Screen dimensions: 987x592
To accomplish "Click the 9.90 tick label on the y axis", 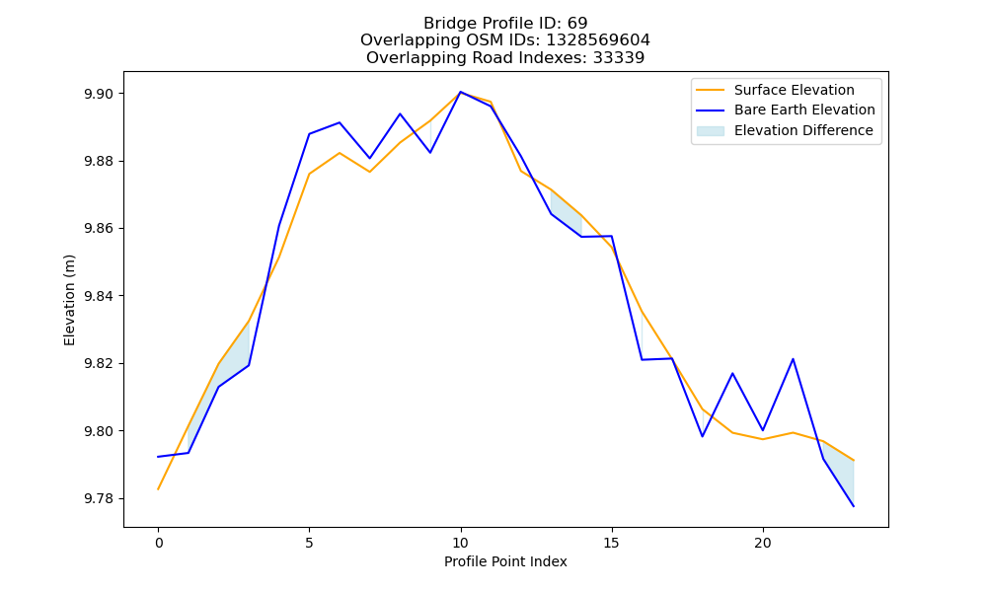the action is [98, 94].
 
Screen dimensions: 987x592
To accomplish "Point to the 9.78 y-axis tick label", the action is [98, 499].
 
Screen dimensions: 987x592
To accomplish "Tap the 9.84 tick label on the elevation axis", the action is [98, 296].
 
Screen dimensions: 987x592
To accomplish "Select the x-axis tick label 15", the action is [611, 543].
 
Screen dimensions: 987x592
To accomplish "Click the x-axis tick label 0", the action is [158, 543].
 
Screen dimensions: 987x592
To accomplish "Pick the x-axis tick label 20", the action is [762, 543].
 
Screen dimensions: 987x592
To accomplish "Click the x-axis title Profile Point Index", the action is [505, 561].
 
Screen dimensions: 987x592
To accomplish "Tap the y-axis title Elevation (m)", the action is [69, 300].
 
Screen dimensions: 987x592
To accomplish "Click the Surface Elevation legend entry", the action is [794, 90].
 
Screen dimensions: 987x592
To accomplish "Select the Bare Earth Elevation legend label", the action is [804, 111].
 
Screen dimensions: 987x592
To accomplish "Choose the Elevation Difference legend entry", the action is [803, 130].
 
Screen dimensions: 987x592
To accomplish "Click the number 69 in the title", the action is [577, 24].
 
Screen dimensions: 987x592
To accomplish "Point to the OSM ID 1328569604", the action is [598, 40].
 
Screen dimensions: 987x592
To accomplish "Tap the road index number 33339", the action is [618, 58].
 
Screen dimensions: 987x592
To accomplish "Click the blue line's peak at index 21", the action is [793, 359].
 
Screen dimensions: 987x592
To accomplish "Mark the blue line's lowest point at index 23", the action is [854, 506].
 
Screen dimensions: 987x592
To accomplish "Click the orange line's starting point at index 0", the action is [158, 489].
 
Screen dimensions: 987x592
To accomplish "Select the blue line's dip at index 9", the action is [430, 153].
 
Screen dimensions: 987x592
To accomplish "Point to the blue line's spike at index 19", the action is [732, 373].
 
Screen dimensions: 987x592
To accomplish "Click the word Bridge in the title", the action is [446, 24].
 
